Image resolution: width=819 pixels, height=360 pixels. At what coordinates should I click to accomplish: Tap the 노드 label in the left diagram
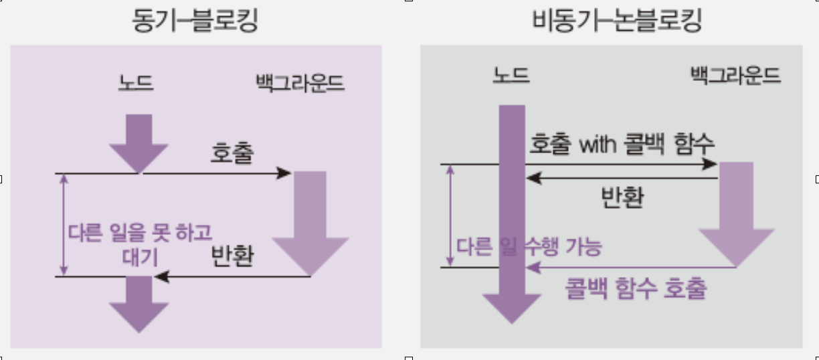pyautogui.click(x=136, y=83)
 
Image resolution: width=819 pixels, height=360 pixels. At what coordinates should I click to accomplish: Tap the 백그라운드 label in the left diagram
pyautogui.click(x=300, y=83)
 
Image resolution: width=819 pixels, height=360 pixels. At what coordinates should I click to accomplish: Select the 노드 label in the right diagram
pyautogui.click(x=511, y=75)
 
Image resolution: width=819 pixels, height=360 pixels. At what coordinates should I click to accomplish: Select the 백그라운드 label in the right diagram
pyautogui.click(x=735, y=75)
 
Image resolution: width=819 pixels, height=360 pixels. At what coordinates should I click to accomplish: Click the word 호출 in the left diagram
pyautogui.click(x=232, y=154)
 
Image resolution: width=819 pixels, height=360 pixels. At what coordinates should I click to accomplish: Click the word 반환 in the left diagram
pyautogui.click(x=232, y=256)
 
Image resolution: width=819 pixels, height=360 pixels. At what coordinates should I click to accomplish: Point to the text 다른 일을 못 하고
pyautogui.click(x=141, y=233)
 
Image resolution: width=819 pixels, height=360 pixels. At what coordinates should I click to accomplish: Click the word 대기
pyautogui.click(x=141, y=257)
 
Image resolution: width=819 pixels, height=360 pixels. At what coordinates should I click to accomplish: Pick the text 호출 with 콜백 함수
pyautogui.click(x=622, y=143)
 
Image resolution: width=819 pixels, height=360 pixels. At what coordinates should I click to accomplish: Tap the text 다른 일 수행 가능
pyautogui.click(x=529, y=246)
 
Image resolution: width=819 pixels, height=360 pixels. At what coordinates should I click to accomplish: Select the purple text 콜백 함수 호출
pyautogui.click(x=636, y=289)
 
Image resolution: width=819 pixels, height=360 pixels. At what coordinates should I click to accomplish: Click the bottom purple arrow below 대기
pyautogui.click(x=139, y=304)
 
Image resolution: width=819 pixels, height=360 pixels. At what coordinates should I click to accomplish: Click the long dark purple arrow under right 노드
pyautogui.click(x=512, y=214)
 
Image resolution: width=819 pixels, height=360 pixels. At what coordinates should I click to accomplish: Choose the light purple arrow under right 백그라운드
pyautogui.click(x=736, y=214)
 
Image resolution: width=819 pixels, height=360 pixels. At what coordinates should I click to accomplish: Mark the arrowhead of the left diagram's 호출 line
pyautogui.click(x=284, y=174)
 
